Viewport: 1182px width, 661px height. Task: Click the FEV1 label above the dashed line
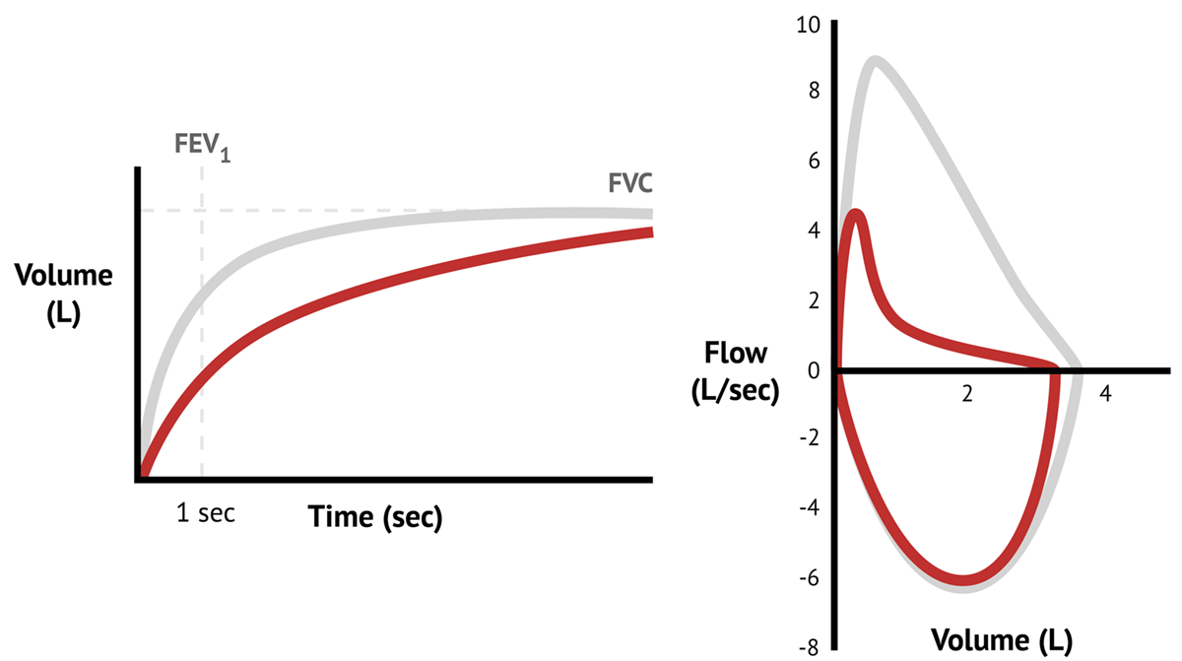pos(203,147)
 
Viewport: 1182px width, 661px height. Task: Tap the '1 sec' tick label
pos(206,514)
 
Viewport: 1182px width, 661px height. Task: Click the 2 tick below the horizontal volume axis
pos(966,393)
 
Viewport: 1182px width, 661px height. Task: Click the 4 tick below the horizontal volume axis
pos(1105,393)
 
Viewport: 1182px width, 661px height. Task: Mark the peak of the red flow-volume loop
pos(856,213)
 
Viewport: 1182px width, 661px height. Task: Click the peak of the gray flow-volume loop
pos(875,61)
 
